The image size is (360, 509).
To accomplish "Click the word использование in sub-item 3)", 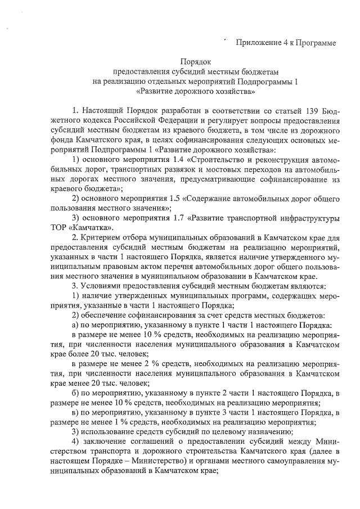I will coord(110,433).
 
